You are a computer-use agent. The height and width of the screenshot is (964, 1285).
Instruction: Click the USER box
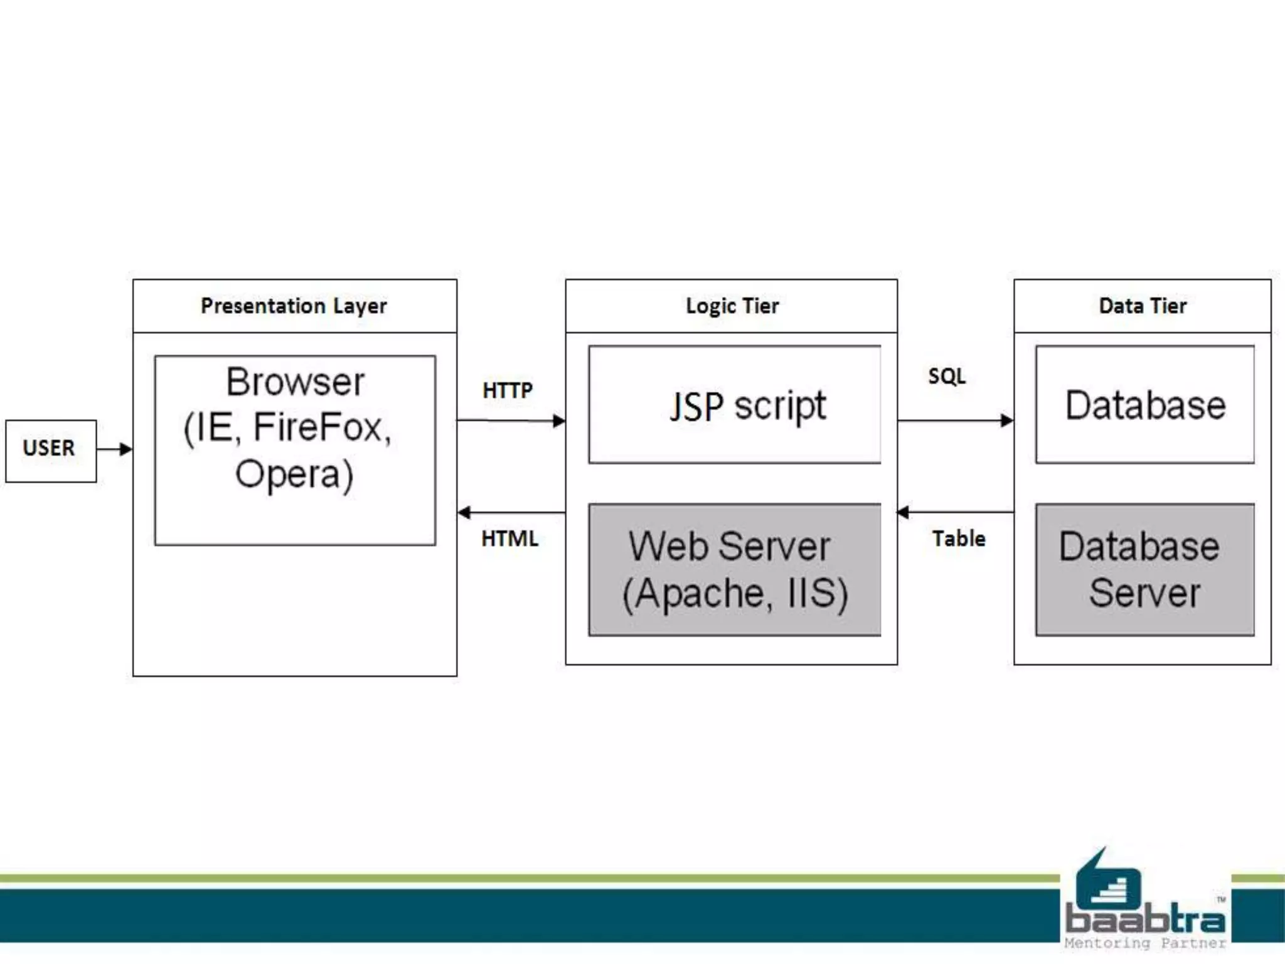[50, 451]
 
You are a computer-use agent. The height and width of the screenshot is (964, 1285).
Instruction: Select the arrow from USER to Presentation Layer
[115, 449]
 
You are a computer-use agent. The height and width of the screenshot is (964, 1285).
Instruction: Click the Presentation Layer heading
[294, 306]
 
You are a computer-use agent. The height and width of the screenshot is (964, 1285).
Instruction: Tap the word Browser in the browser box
[295, 382]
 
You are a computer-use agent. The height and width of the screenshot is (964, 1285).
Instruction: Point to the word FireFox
[321, 428]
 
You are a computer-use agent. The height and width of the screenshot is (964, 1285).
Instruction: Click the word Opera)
[294, 474]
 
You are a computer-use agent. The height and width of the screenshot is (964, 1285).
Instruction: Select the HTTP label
[508, 390]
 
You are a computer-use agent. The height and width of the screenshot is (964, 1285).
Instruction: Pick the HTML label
[509, 538]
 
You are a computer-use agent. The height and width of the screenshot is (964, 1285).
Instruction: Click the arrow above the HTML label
[511, 513]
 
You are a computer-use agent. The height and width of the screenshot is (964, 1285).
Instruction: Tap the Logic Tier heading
[732, 306]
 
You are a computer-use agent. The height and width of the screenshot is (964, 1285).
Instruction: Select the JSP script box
[735, 405]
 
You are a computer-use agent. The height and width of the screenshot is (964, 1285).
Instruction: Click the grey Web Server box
[735, 570]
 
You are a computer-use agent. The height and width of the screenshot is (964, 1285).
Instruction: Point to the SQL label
[947, 376]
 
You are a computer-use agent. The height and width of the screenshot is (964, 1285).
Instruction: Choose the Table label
[958, 538]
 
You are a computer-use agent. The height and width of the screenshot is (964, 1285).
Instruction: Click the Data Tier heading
[1143, 306]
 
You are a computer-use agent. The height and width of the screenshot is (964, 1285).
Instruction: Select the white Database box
[1145, 405]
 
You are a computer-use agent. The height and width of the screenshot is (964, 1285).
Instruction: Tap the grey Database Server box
[1145, 570]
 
